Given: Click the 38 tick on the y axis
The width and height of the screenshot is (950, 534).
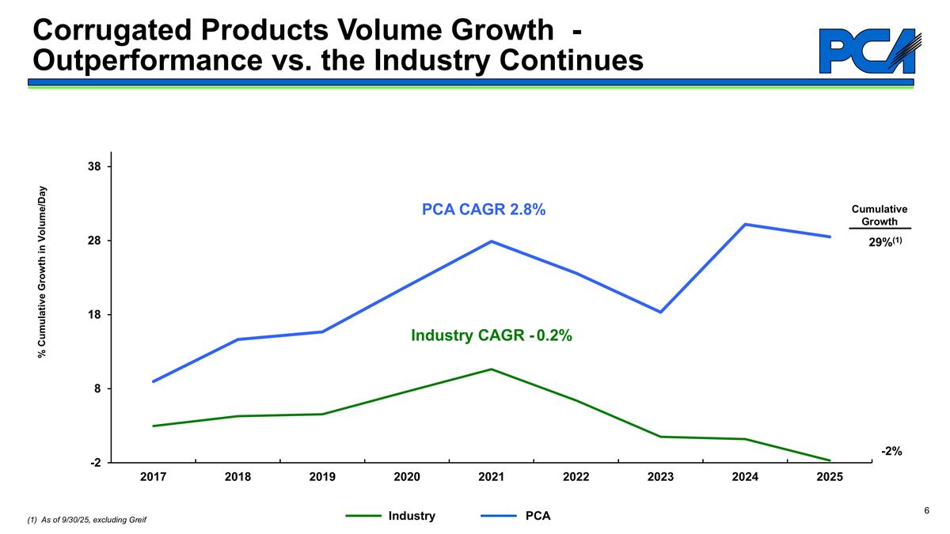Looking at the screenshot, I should click(95, 167).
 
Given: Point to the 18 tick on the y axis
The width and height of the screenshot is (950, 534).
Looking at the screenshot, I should click(95, 315).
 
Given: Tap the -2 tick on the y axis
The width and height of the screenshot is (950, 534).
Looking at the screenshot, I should click(94, 463).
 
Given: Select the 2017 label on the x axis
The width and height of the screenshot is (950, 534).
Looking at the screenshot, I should click(153, 477).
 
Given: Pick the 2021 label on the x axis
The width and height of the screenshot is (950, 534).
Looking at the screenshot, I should click(492, 477).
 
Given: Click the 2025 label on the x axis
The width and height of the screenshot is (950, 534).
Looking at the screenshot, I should click(830, 477).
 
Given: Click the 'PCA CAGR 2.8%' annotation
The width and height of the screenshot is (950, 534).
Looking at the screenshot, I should click(484, 210).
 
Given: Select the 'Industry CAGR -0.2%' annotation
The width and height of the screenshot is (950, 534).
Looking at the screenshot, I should click(491, 336).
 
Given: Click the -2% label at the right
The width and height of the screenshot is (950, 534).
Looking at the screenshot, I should click(892, 450).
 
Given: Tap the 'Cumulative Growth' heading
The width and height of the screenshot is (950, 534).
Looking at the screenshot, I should click(879, 215).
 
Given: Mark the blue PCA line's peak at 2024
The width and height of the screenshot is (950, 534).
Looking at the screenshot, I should click(745, 225).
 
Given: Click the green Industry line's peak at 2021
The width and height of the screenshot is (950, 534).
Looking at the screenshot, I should click(492, 369).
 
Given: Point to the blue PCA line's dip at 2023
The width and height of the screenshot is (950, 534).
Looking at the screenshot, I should click(660, 312).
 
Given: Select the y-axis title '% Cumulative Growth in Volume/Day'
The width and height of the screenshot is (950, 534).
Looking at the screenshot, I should click(44, 271).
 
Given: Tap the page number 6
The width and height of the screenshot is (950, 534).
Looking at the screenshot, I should click(926, 511).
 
